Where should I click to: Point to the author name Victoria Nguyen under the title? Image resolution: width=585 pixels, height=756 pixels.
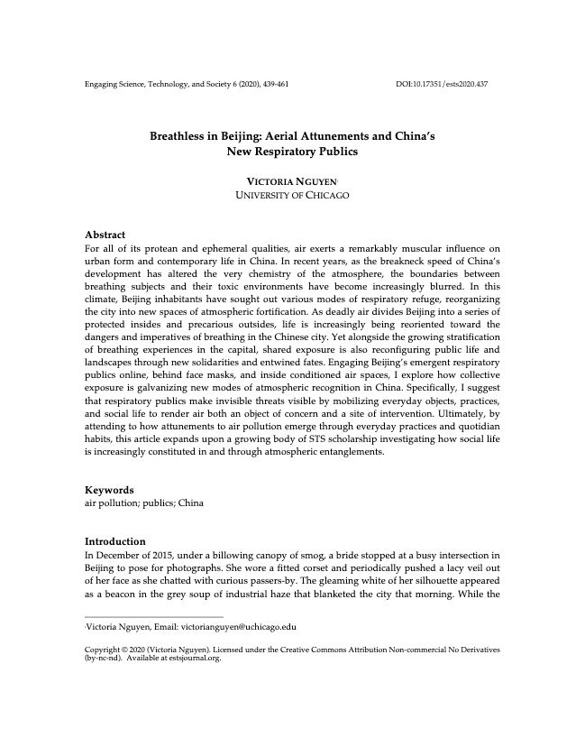(x=292, y=181)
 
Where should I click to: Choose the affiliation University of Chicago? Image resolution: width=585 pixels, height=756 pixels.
(x=292, y=195)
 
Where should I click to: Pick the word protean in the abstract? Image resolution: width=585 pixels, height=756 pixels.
(x=157, y=248)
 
